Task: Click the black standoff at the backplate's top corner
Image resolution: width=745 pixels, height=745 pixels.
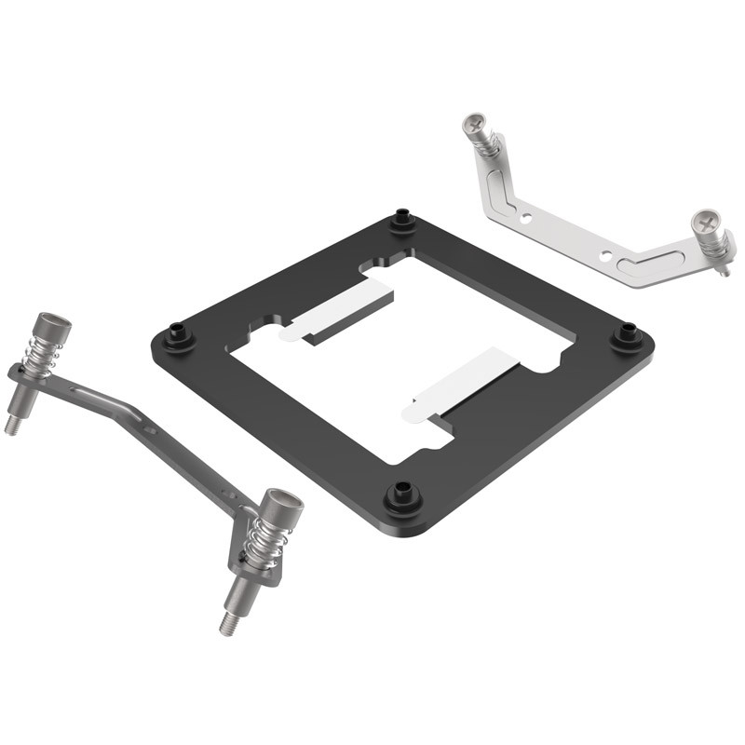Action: (x=402, y=222)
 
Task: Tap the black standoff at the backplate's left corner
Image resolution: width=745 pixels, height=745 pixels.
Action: (x=178, y=335)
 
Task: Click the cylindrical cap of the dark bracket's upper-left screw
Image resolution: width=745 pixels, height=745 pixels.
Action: (x=54, y=327)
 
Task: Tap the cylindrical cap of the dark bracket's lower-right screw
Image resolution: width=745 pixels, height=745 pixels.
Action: (x=280, y=508)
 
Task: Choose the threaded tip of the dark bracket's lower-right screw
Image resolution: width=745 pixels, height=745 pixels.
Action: (x=228, y=622)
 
